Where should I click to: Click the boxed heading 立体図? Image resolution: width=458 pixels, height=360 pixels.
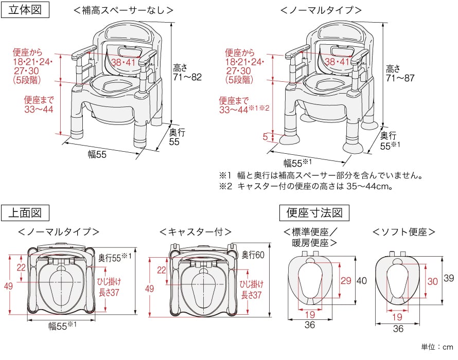25,10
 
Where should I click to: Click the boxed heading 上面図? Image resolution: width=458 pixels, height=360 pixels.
25,212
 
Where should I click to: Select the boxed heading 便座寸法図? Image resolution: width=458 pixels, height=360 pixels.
314,212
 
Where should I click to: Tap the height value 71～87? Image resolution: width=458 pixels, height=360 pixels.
400,78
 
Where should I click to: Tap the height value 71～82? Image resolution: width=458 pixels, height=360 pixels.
187,77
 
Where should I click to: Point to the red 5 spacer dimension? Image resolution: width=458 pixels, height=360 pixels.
265,136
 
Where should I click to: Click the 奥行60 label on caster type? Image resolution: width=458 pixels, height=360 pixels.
253,255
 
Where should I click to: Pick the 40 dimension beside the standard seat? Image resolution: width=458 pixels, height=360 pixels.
362,281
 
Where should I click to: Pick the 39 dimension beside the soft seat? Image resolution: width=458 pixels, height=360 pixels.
449,278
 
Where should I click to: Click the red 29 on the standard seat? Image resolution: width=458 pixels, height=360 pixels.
346,281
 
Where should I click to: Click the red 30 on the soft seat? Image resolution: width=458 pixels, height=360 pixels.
433,281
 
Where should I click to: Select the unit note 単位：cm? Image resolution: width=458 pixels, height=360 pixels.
437,347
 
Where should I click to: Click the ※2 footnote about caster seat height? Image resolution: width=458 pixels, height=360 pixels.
306,186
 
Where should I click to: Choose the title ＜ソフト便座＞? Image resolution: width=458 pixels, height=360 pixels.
404,232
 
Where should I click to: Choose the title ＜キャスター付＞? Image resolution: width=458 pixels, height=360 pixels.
196,232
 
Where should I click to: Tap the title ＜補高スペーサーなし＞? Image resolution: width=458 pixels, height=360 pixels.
124,10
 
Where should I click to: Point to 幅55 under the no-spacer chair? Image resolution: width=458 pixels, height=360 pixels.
97,154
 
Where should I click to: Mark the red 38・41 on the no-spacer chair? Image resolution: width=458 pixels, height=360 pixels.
123,62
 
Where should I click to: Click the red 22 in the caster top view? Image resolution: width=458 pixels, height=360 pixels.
162,270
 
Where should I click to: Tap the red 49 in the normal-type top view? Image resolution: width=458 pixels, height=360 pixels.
8,286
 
